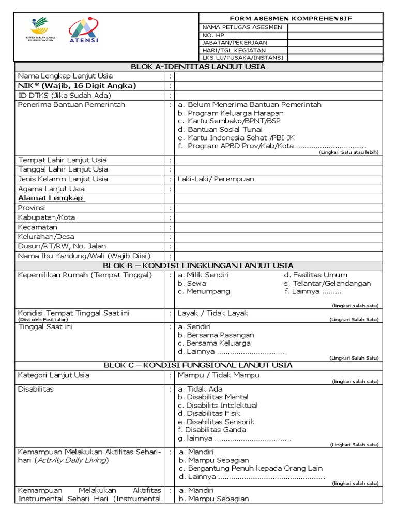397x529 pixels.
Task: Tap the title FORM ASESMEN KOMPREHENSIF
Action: tap(291, 18)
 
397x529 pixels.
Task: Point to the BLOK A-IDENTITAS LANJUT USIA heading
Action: tap(198, 67)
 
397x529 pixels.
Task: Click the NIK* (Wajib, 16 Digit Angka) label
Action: tap(77, 86)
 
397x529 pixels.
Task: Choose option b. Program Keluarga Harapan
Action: tap(231, 113)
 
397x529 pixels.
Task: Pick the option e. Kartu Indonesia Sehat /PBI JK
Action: tap(236, 137)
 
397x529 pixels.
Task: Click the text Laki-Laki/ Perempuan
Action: tap(216, 179)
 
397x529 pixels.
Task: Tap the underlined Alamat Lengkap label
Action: tap(52, 198)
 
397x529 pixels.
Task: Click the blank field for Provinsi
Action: tap(278, 208)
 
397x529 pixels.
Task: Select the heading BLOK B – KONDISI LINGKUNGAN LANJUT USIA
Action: tap(198, 266)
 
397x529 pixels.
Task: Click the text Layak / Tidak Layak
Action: tap(213, 313)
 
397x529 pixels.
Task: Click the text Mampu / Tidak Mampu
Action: tap(219, 375)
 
